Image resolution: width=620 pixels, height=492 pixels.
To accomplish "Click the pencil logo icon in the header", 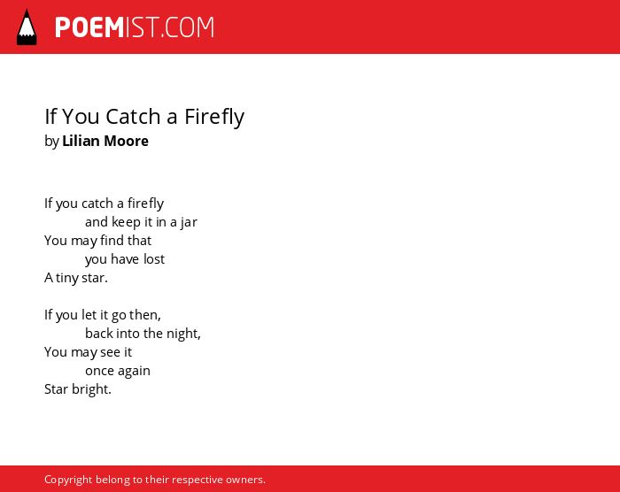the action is (x=27, y=27).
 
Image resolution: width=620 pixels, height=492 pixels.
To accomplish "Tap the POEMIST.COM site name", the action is (x=135, y=27).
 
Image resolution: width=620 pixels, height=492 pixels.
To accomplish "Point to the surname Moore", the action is (x=126, y=141).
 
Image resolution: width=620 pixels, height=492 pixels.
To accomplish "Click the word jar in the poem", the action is (x=189, y=222).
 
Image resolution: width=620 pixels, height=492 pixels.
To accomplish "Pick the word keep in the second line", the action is (x=126, y=222).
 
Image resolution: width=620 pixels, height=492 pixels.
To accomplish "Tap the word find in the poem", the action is (x=112, y=241).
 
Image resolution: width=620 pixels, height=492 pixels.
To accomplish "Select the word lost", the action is (x=154, y=259).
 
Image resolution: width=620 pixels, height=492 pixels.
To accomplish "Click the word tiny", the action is (x=66, y=278).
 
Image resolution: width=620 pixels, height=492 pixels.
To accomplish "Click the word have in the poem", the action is (x=125, y=259).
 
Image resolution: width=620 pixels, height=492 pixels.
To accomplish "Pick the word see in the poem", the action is (x=111, y=352).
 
